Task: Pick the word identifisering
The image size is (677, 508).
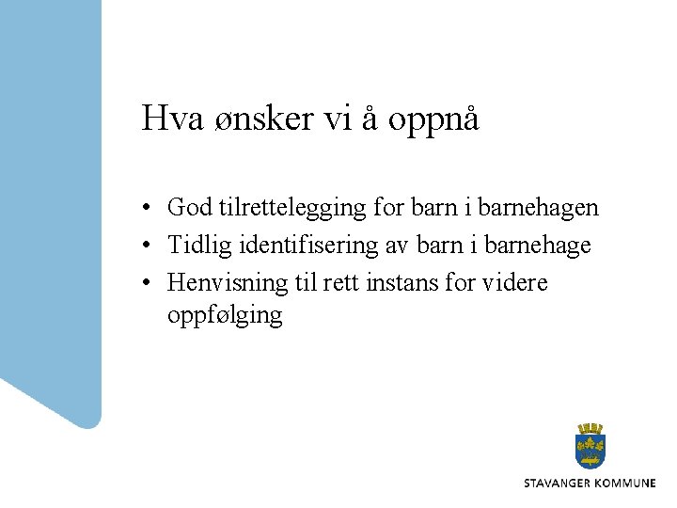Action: click(x=307, y=246)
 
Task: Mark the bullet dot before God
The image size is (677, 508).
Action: click(x=149, y=208)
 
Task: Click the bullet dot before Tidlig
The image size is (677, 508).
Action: click(x=149, y=246)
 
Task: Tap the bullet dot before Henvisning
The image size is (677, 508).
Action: click(x=149, y=283)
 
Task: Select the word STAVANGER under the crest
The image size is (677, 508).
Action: click(x=560, y=484)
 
